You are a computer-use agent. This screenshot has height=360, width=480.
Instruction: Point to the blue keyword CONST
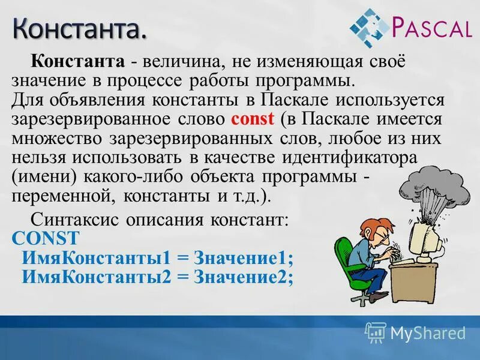click(44, 238)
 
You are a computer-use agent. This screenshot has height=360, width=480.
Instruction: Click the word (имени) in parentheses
click(38, 178)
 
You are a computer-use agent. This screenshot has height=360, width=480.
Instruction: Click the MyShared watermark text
click(427, 332)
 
